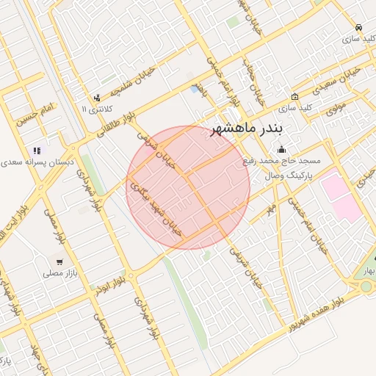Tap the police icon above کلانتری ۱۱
pyautogui.click(x=96, y=98)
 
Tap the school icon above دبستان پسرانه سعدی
pyautogui.click(x=37, y=151)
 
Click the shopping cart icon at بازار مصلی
pyautogui.click(x=59, y=261)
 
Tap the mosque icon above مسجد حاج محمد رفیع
pyautogui.click(x=281, y=151)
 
